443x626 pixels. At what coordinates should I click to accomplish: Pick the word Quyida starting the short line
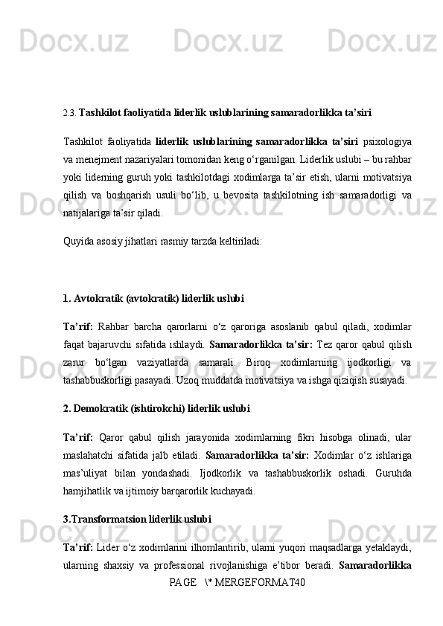(77, 241)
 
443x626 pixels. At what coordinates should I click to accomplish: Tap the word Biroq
(250, 362)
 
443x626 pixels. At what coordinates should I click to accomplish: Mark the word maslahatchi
(89, 454)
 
